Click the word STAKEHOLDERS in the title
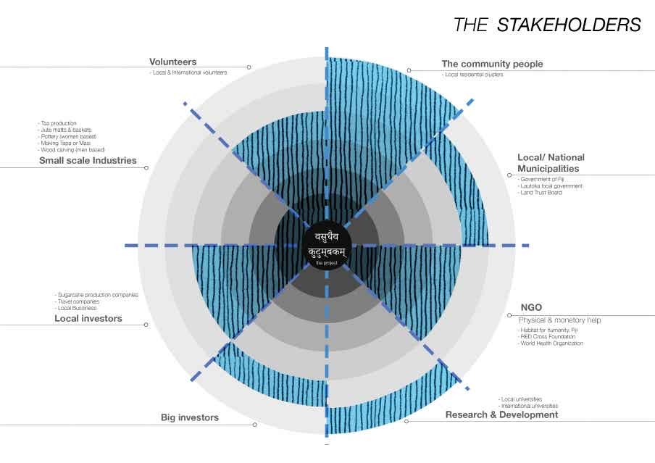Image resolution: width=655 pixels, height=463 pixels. (569, 25)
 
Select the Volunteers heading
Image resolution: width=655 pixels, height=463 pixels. (172, 62)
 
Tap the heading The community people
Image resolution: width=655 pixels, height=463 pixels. (492, 64)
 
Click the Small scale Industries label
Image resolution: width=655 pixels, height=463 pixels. (88, 161)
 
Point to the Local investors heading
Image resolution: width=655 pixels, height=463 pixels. (88, 318)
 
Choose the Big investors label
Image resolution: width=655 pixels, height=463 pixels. (189, 417)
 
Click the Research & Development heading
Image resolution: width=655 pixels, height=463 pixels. (501, 415)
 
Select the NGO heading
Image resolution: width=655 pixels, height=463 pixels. (531, 307)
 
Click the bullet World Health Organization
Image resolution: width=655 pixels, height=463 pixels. (551, 343)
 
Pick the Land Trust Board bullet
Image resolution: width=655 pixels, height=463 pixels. (541, 193)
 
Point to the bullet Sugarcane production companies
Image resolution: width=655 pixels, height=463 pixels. (99, 295)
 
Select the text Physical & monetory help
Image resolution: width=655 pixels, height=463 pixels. (559, 320)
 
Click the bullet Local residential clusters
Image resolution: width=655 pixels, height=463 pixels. (474, 75)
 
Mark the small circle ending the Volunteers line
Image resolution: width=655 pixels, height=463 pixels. (249, 67)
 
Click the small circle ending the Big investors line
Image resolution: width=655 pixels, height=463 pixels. (255, 425)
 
